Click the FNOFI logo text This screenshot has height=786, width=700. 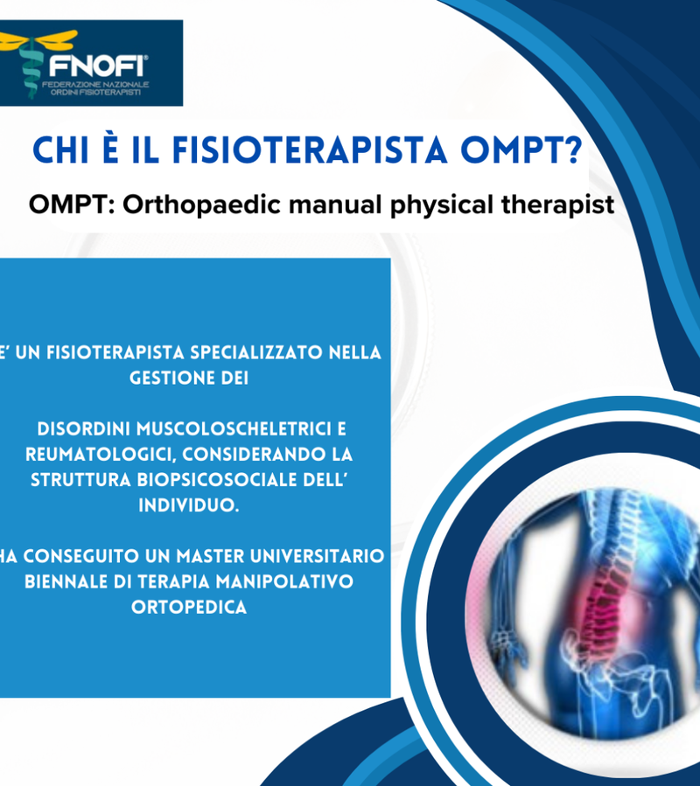[98, 66]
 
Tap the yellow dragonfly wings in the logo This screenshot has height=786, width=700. [38, 40]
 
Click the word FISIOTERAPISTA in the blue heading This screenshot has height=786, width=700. [310, 150]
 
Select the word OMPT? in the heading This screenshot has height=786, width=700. [521, 150]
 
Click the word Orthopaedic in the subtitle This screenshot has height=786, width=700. [201, 205]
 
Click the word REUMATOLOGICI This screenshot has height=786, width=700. [101, 455]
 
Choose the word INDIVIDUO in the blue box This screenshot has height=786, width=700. [189, 505]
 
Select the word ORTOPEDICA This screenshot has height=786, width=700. [189, 608]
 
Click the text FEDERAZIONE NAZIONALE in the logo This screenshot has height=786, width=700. [95, 84]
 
